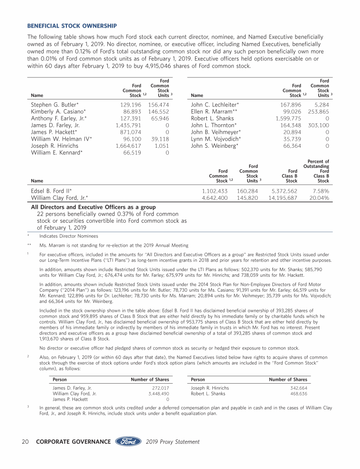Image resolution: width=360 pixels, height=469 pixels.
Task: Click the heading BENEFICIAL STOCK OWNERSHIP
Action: click(72, 25)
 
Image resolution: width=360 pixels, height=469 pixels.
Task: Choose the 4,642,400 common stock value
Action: click(214, 198)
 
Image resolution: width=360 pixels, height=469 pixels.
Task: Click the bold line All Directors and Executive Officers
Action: click(93, 207)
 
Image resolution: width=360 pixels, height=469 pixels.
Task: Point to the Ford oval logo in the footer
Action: click(128, 441)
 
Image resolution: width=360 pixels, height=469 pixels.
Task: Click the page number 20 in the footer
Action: click(26, 442)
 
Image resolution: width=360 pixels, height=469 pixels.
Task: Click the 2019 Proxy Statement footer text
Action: click(172, 442)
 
